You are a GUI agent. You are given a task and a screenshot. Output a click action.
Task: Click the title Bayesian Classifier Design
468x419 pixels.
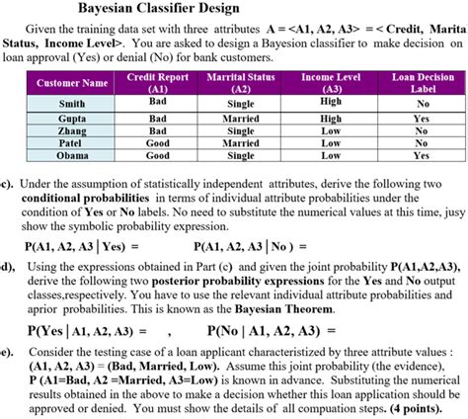pyautogui.click(x=234, y=10)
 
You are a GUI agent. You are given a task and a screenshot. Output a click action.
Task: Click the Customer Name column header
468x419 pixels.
pyautogui.click(x=72, y=83)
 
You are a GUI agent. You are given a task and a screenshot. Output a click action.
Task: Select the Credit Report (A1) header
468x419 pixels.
pyautogui.click(x=158, y=82)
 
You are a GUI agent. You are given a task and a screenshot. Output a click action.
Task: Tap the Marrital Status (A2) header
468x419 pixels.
pyautogui.click(x=241, y=82)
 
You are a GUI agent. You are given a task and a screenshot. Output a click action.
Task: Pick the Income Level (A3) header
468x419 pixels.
pyautogui.click(x=331, y=82)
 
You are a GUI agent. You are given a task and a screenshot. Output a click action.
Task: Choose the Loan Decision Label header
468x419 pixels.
pyautogui.click(x=423, y=82)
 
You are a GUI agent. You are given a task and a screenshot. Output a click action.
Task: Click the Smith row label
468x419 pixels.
pyautogui.click(x=72, y=103)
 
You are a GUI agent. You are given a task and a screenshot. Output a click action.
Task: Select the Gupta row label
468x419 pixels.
pyautogui.click(x=72, y=118)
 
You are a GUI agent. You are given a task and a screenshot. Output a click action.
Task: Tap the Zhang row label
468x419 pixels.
pyautogui.click(x=72, y=130)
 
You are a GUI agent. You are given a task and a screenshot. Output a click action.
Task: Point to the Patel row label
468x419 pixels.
pyautogui.click(x=72, y=143)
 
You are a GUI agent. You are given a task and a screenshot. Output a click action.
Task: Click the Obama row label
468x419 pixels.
pyautogui.click(x=72, y=156)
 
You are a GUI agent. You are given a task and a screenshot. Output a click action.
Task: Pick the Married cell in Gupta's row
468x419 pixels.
pyautogui.click(x=241, y=118)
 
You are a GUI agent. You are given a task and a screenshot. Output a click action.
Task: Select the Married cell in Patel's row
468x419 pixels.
pyautogui.click(x=241, y=143)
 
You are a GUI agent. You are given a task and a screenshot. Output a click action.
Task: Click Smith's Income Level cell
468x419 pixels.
pyautogui.click(x=331, y=102)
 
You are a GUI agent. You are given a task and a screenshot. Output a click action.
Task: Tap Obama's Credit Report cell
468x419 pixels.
pyautogui.click(x=158, y=156)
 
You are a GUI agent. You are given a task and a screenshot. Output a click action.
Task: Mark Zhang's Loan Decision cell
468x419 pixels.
pyautogui.click(x=423, y=130)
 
